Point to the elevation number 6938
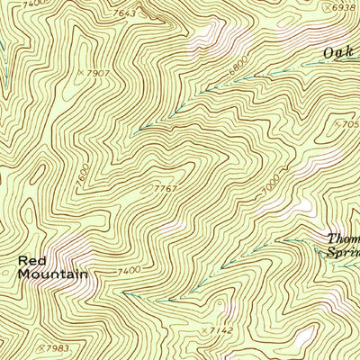point(344,7)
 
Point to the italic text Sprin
point(342,255)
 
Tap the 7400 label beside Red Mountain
point(129,271)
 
